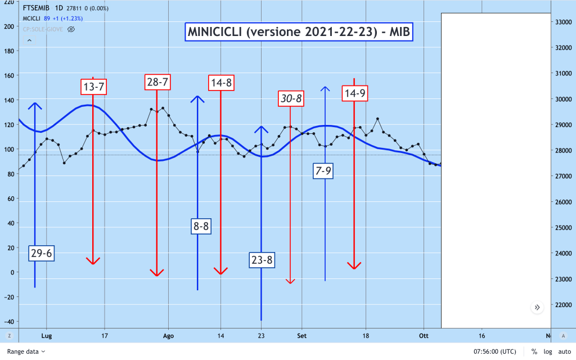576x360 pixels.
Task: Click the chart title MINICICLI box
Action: [x=299, y=33]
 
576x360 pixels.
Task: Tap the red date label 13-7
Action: [x=93, y=87]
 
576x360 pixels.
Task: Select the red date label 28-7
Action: [x=157, y=82]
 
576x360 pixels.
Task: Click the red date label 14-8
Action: [x=220, y=83]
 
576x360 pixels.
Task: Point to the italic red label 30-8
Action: [x=291, y=98]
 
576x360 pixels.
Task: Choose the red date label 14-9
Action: [x=354, y=93]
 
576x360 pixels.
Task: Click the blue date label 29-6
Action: [x=42, y=253]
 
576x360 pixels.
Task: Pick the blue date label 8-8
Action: [x=201, y=227]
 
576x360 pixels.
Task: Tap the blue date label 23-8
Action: [x=262, y=260]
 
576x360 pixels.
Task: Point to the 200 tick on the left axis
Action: [x=8, y=26]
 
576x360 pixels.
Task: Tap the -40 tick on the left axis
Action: [x=8, y=321]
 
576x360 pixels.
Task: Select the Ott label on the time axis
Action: [x=424, y=335]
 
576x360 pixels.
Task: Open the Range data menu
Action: [x=26, y=351]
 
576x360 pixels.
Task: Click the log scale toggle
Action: [x=547, y=351]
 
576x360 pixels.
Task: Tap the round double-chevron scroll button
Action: [x=537, y=307]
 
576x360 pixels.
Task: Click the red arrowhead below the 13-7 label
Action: [x=93, y=260]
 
